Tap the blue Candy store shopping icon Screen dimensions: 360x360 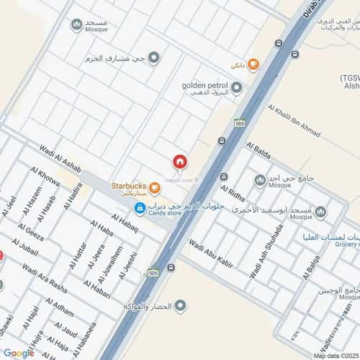click(x=139, y=208)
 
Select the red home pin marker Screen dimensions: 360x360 click(x=179, y=162)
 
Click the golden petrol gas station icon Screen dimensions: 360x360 click(x=236, y=88)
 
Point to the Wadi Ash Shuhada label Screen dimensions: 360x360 click(x=265, y=253)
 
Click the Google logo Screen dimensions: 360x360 click(x=19, y=353)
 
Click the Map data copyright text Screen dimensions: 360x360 click(x=335, y=355)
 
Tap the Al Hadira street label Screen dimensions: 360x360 click(x=73, y=196)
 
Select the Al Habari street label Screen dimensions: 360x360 click(x=100, y=292)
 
